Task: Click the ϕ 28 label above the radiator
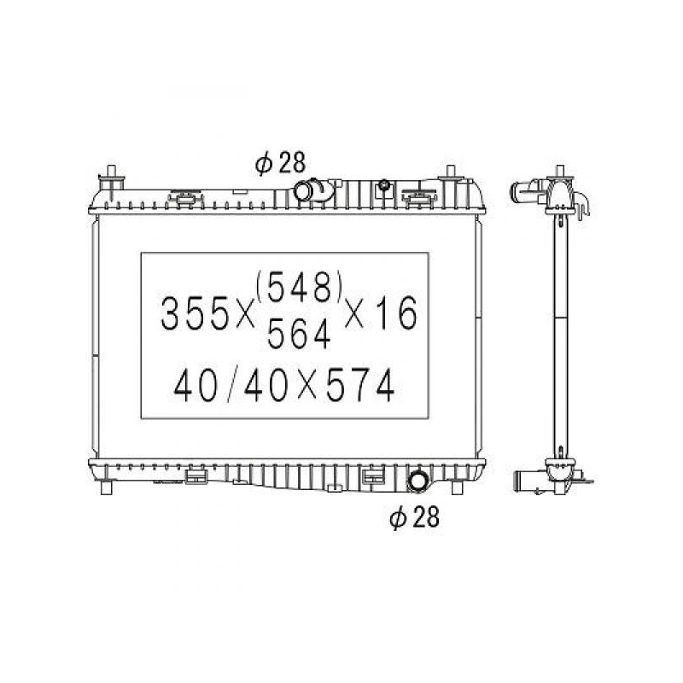[x=281, y=163]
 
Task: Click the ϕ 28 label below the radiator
[x=414, y=517]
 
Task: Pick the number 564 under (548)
[x=299, y=334]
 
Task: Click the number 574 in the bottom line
[x=360, y=385]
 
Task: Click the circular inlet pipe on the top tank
[x=302, y=190]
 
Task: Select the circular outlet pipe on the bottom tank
[x=417, y=482]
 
